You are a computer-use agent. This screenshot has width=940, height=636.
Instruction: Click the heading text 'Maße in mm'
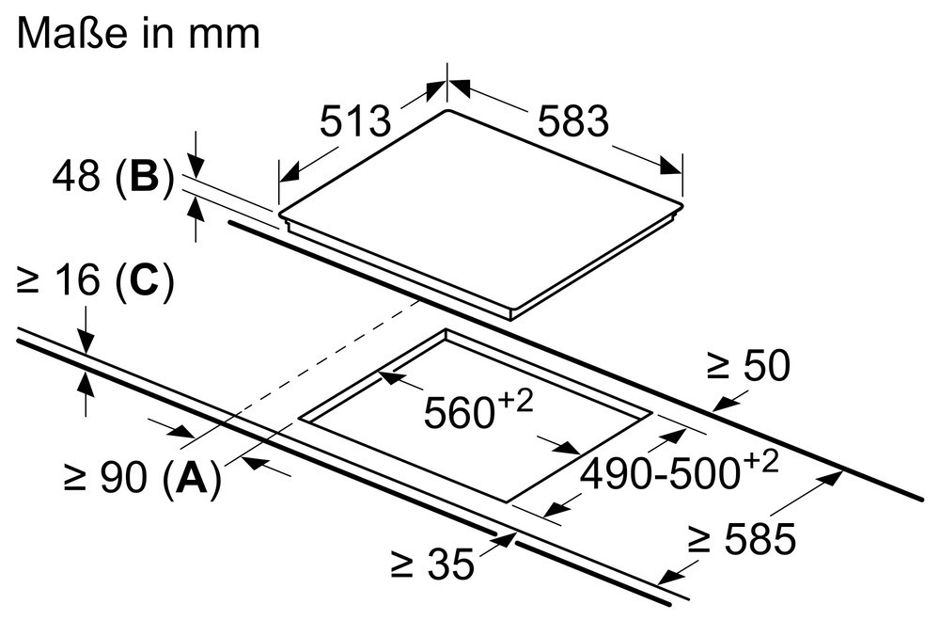coord(138,33)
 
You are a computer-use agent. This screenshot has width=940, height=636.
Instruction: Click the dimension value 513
coord(355,120)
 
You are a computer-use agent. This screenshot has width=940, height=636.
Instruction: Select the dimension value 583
coord(573,120)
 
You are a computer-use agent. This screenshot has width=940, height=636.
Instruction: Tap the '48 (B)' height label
coord(114,176)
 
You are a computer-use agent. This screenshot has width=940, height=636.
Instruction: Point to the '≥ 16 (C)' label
coord(96,280)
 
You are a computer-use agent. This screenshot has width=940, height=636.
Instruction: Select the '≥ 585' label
coord(743,538)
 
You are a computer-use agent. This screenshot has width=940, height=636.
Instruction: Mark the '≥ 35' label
coord(432,564)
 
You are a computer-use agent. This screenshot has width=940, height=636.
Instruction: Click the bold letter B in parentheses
coord(144,176)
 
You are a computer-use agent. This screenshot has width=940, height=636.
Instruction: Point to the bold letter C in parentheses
coord(143,280)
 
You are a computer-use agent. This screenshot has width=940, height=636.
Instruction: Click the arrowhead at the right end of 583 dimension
coord(671,167)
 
